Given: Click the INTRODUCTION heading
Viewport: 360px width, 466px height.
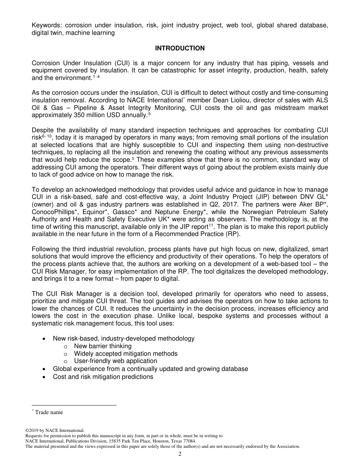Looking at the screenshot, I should pos(180,48).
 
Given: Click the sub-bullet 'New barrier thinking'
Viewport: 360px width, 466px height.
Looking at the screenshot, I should pos(103,346).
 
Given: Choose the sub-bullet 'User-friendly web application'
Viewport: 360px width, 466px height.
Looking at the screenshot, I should pos(115,361).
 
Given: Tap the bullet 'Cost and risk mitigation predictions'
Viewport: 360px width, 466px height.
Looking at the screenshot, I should pos(103,377).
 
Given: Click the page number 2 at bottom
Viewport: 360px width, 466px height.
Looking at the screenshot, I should pos(180,454).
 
